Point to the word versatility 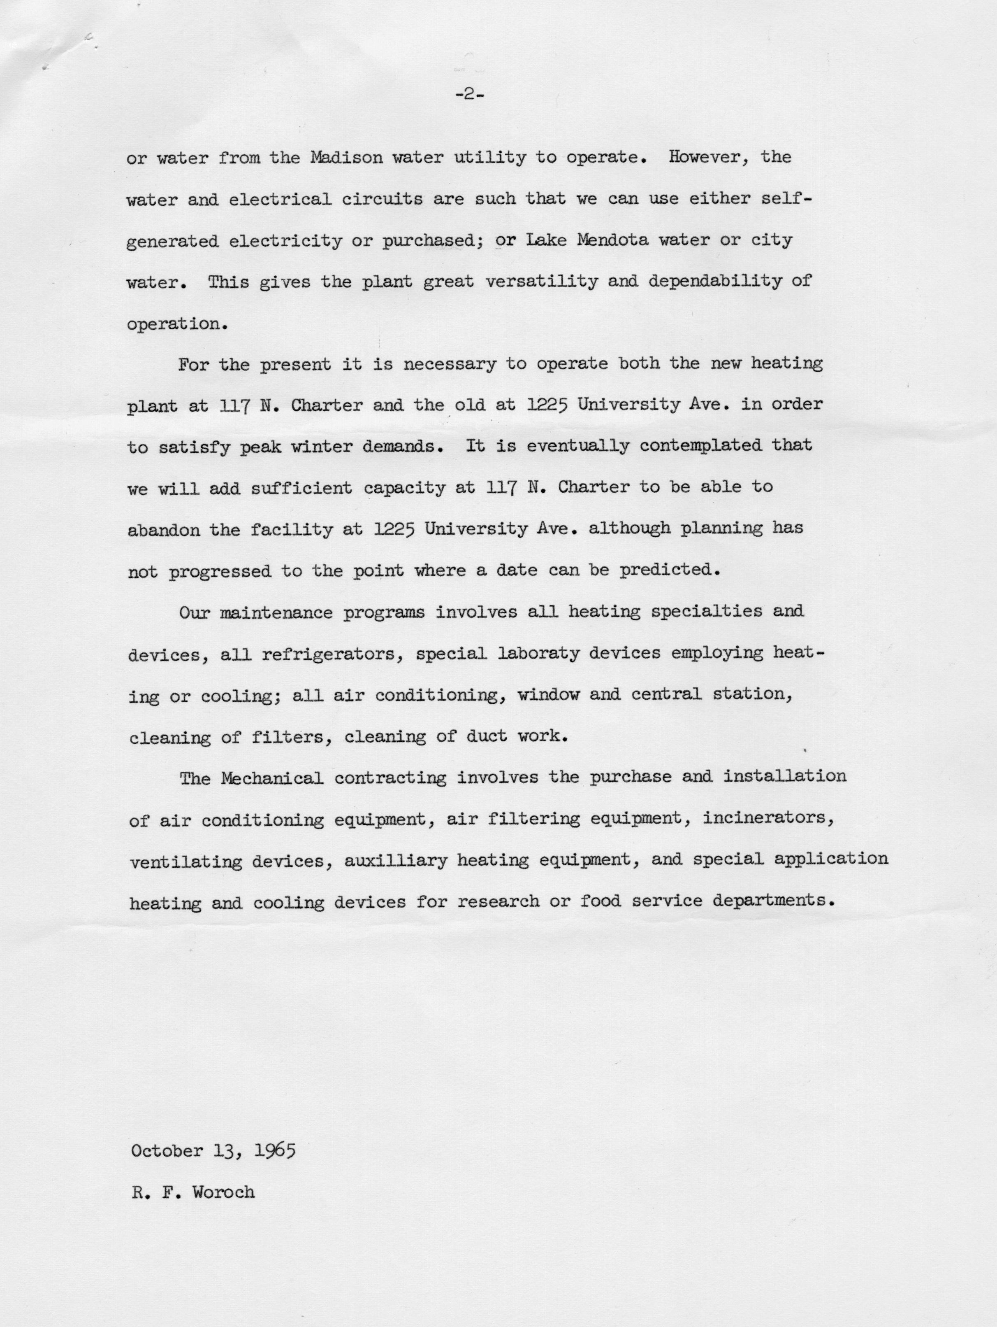pos(540,282)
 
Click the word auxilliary pos(396,861)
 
